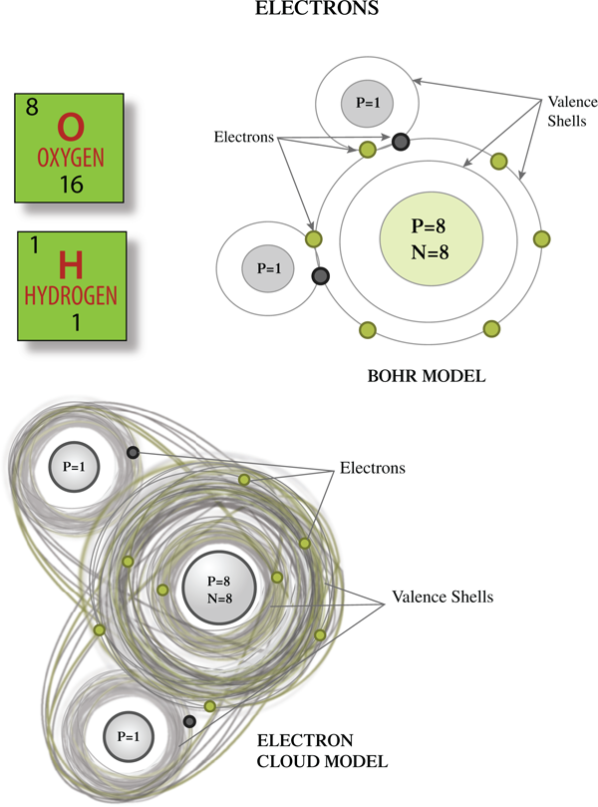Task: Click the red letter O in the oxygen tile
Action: [70, 128]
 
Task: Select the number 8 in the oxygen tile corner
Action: [33, 107]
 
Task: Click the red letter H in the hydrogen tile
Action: [70, 265]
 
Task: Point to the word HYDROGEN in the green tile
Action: [71, 296]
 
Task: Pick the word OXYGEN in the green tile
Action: [70, 159]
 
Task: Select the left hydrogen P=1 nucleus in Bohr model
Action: [269, 268]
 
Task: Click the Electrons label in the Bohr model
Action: [243, 137]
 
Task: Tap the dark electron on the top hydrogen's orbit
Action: [401, 141]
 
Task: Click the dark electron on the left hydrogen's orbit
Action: [321, 276]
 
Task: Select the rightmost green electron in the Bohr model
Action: [542, 238]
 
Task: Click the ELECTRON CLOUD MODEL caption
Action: [322, 753]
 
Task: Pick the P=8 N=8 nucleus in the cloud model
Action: [224, 590]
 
